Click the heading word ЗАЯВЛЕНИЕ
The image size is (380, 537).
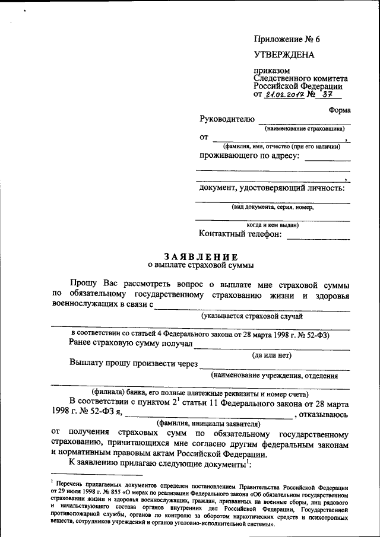pyautogui.click(x=201, y=256)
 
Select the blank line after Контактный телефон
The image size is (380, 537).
pyautogui.click(x=318, y=237)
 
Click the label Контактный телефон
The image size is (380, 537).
pyautogui.click(x=240, y=234)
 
